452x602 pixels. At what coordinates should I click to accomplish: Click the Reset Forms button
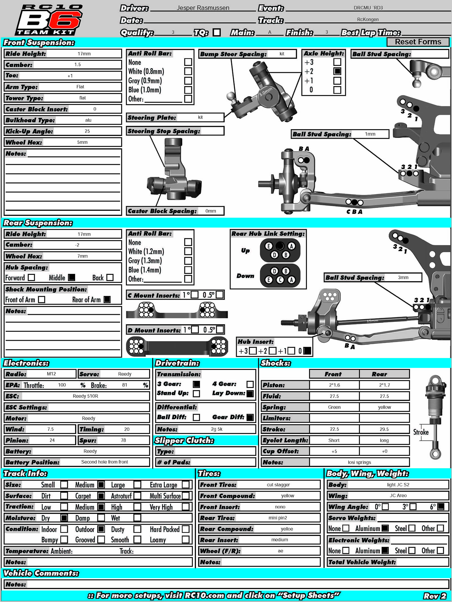point(418,42)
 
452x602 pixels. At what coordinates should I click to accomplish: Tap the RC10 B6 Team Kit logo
point(49,20)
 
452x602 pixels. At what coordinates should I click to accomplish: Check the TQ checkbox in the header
point(217,32)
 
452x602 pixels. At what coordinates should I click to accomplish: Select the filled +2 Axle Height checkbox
point(337,71)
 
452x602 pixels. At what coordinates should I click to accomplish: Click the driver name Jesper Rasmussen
point(203,8)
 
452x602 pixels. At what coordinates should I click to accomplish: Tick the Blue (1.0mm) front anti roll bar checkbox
point(188,90)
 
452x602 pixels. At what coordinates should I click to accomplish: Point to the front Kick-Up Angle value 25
point(87,131)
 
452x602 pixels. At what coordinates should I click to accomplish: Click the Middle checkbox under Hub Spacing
point(72,278)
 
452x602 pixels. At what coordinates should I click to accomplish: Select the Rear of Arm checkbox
point(107,299)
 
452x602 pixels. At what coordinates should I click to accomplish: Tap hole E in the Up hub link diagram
point(269,246)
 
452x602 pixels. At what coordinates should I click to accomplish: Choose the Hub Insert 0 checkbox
point(307,351)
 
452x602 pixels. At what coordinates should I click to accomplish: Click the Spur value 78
point(123,440)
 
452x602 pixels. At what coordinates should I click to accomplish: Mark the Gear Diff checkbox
point(250,417)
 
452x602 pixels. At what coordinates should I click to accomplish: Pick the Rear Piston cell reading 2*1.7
point(384,385)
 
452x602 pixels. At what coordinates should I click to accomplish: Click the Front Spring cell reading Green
point(334,407)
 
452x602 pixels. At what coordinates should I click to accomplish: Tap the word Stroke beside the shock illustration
point(421,432)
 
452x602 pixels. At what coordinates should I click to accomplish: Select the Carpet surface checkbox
point(101,496)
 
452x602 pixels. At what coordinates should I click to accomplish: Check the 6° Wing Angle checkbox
point(440,507)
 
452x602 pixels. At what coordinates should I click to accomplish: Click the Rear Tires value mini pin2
point(278,518)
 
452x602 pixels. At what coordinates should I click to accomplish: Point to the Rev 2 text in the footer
point(435,596)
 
